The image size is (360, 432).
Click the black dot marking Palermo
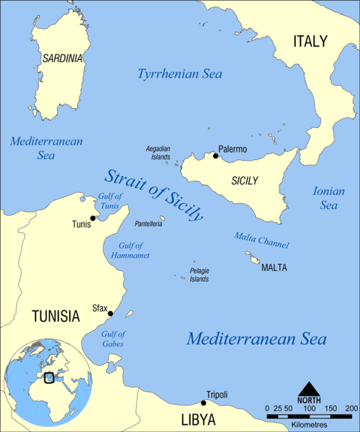[215, 156]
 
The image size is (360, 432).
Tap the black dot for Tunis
[93, 218]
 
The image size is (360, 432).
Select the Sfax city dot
[110, 313]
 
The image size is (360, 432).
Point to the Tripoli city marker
[204, 403]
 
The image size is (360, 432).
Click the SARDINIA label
[63, 58]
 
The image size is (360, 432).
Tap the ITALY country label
[310, 41]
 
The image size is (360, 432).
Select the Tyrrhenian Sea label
[179, 74]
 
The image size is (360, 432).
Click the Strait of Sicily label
[153, 194]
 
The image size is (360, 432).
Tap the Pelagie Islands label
[199, 274]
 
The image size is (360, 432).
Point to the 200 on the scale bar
[351, 409]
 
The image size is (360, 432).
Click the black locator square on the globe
[49, 377]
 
